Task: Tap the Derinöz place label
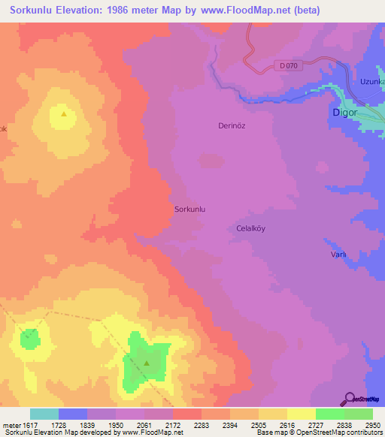tap(232, 126)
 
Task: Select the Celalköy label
tap(252, 228)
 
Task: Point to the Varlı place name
tap(338, 255)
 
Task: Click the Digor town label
tap(344, 113)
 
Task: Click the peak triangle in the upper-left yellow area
tap(63, 114)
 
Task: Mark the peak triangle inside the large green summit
tap(147, 363)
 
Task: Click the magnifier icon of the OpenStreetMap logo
tap(349, 398)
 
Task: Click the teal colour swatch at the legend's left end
tap(44, 414)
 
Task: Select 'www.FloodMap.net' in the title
tap(252, 11)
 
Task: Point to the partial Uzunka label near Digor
tap(371, 81)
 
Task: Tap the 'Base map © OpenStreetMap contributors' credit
tap(321, 432)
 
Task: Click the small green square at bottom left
tap(29, 338)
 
